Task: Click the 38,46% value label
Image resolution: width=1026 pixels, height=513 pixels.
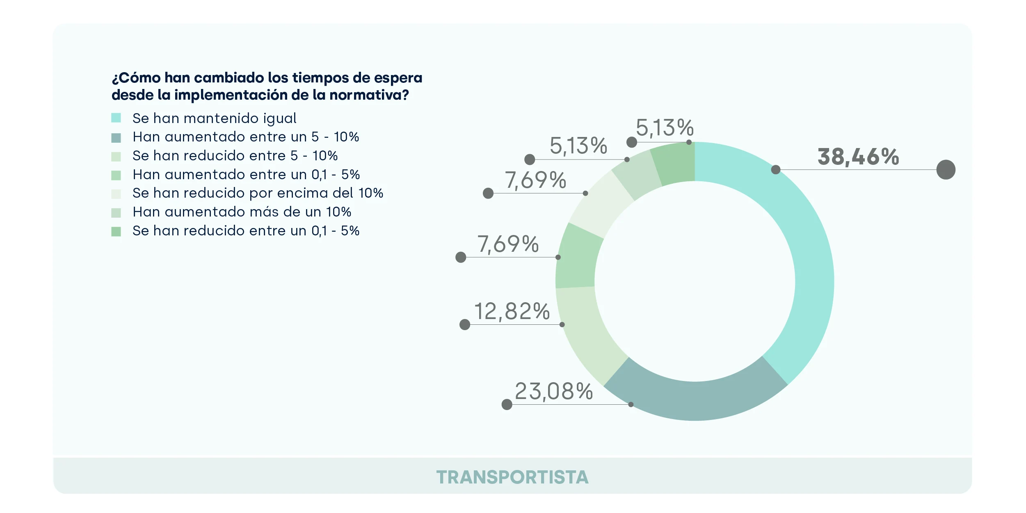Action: pos(858,157)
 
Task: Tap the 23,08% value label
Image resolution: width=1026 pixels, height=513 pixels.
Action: pos(553,391)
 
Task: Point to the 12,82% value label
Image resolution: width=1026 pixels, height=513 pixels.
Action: pos(512,311)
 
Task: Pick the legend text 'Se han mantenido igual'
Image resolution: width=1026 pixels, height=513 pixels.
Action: pos(214,119)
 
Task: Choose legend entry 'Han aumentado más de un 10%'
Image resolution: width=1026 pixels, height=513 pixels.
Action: pos(242,212)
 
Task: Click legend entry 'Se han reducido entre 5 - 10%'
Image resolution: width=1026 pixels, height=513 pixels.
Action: pos(235,156)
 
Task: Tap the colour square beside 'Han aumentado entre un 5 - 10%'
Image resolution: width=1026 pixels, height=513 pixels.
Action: pos(116,138)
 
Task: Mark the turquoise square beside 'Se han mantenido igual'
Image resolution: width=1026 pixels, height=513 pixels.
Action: pos(116,118)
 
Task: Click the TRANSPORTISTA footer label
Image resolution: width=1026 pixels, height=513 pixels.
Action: pos(512,477)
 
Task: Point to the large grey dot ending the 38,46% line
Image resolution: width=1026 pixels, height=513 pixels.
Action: pos(946,170)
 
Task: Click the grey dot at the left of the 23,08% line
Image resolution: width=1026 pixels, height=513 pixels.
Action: pos(507,405)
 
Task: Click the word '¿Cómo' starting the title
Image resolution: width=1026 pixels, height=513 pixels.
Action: pos(136,78)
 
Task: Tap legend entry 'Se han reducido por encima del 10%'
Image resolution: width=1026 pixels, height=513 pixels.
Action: pos(258,193)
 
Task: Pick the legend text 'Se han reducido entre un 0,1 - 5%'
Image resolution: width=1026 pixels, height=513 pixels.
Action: pos(246,231)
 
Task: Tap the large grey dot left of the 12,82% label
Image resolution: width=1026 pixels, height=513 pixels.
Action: pos(465,325)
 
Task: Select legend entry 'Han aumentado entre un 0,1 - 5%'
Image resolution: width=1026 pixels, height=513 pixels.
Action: pos(246,175)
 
